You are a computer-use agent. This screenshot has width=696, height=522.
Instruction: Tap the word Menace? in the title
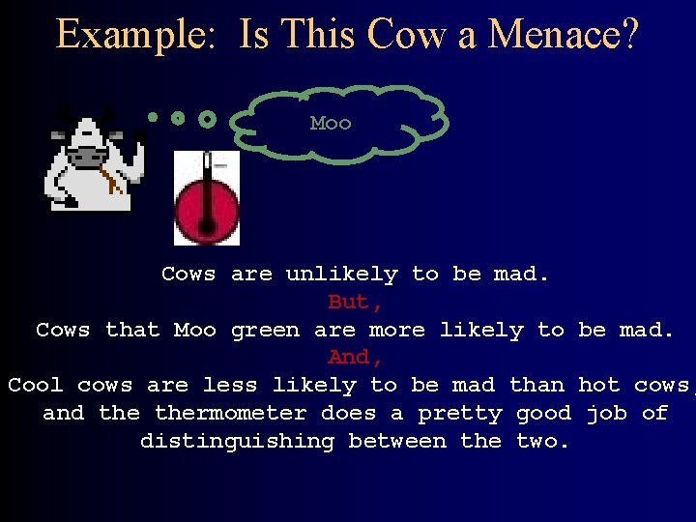pyautogui.click(x=564, y=35)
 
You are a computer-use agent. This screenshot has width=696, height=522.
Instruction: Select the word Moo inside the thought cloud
pyautogui.click(x=331, y=124)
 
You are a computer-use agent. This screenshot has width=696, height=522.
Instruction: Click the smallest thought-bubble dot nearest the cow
pyautogui.click(x=153, y=117)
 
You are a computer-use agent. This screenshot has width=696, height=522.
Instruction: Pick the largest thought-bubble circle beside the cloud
pyautogui.click(x=207, y=120)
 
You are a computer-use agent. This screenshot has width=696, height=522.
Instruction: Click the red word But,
pyautogui.click(x=349, y=303)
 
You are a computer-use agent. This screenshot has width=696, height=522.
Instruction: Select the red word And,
pyautogui.click(x=349, y=358)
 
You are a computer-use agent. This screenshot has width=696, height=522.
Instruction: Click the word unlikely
pyautogui.click(x=341, y=275)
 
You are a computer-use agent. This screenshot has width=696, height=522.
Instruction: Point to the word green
pyautogui.click(x=266, y=331)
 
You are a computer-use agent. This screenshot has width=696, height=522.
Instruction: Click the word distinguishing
pyautogui.click(x=238, y=442)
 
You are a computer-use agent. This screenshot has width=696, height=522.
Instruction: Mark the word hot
pyautogui.click(x=598, y=386)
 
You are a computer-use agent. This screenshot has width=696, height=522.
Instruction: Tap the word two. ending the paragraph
pyautogui.click(x=543, y=442)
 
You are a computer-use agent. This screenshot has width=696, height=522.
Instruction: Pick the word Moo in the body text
pyautogui.click(x=195, y=331)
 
